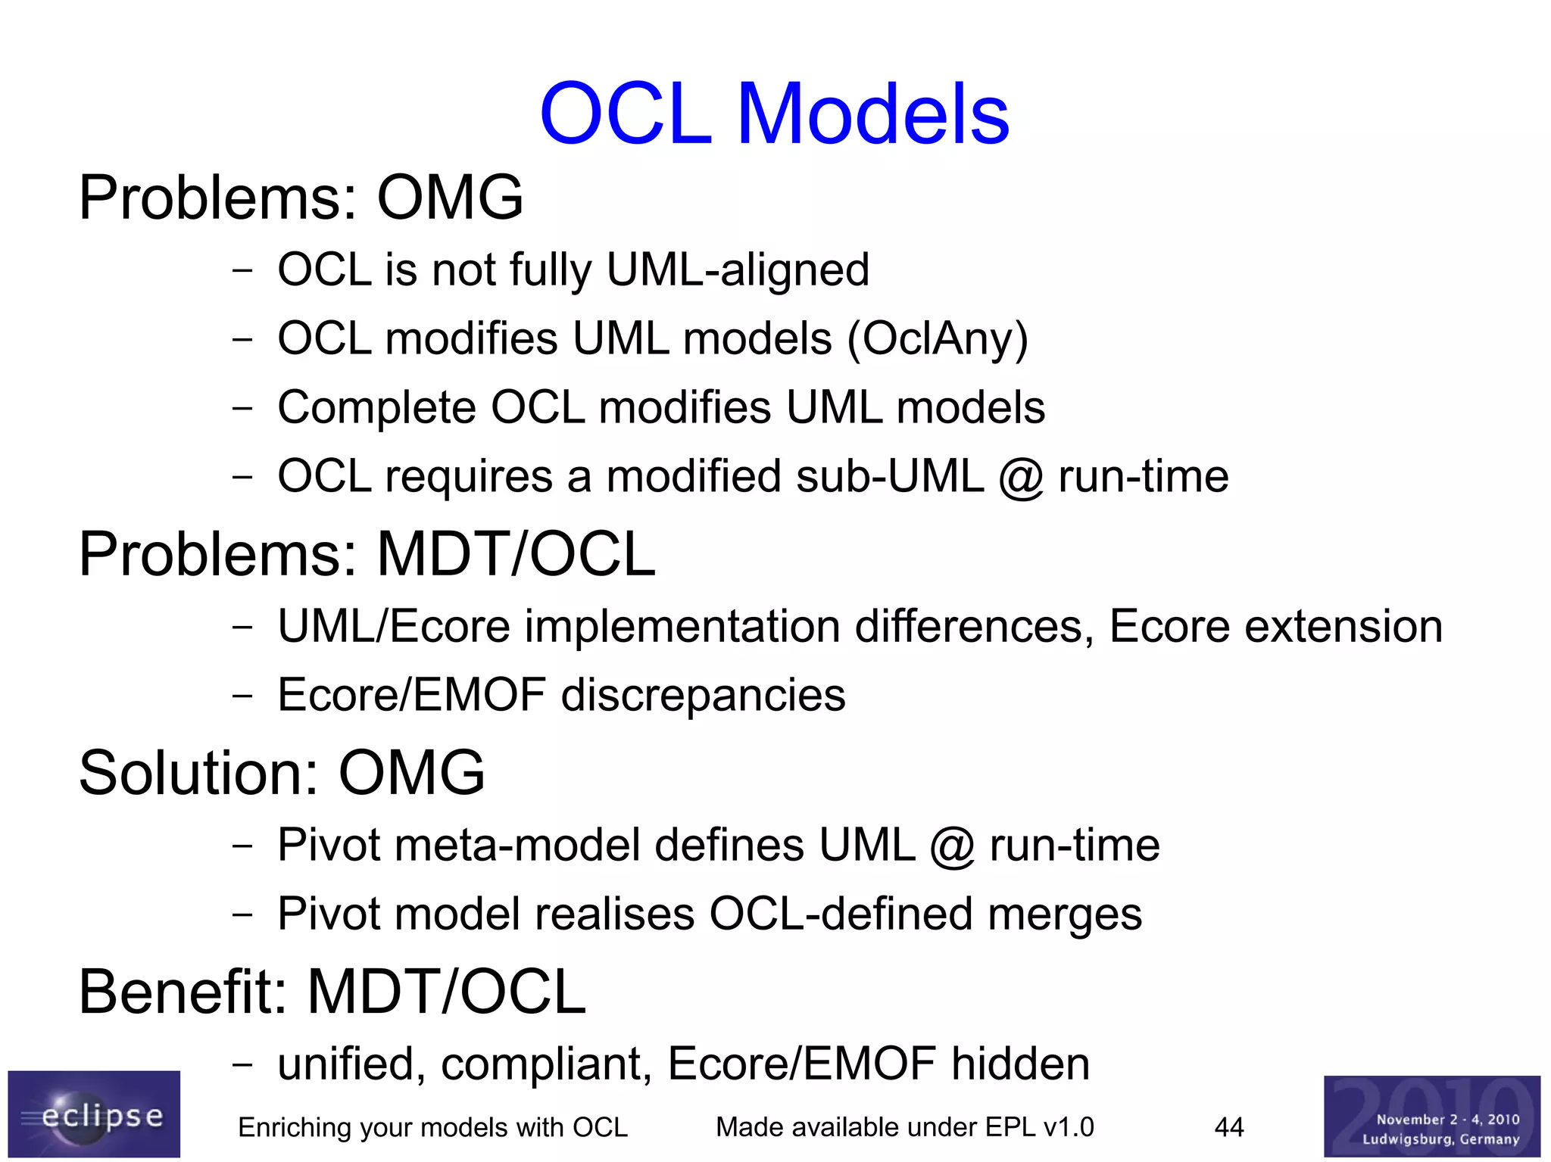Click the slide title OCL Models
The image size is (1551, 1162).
774,115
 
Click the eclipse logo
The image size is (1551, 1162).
94,1114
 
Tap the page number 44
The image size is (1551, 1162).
1228,1127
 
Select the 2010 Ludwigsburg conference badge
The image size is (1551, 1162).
1431,1116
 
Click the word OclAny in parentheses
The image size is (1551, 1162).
938,338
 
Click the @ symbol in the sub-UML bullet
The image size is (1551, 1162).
1020,478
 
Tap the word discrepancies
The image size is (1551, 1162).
703,695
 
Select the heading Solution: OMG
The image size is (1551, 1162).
282,773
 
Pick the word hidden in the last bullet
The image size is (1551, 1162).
1020,1064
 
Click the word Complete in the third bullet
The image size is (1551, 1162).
376,408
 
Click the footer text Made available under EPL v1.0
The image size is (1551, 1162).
904,1127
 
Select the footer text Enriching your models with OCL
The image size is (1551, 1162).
432,1127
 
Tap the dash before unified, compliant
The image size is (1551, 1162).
242,1064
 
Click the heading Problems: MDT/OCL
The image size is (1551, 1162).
367,554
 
